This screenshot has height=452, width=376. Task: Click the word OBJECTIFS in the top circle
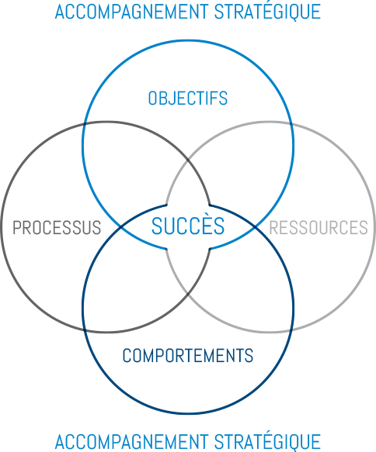pos(188,98)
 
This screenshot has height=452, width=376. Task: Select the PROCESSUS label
pos(57,227)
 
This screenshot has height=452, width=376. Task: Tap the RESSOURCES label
pos(319,227)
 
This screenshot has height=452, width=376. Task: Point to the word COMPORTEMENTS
pos(188,355)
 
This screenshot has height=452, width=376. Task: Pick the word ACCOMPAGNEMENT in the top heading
pos(131,12)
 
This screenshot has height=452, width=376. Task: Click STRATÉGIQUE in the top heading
pos(267,11)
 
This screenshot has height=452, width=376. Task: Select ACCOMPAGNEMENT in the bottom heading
pos(131,442)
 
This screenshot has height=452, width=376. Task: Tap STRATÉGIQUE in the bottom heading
pos(267,441)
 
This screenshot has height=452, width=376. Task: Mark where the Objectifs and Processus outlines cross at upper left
pos(85,124)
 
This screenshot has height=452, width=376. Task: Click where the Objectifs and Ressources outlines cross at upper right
pos(291,124)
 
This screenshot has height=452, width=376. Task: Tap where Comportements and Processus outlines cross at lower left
pos(85,330)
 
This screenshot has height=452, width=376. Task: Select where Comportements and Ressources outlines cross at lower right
pos(291,330)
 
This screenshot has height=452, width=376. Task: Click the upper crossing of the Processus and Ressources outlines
pos(188,160)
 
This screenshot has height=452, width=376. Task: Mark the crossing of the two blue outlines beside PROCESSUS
pos(120,227)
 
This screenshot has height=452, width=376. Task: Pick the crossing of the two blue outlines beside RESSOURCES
pos(256,227)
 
